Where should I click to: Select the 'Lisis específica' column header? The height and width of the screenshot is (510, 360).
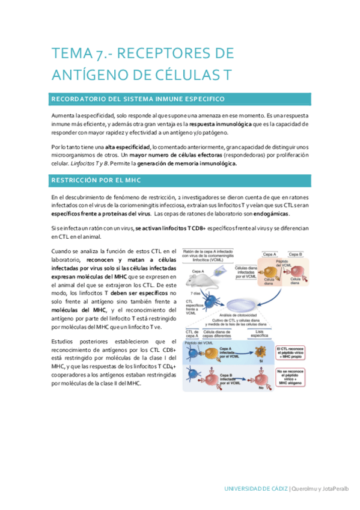click(261, 333)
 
